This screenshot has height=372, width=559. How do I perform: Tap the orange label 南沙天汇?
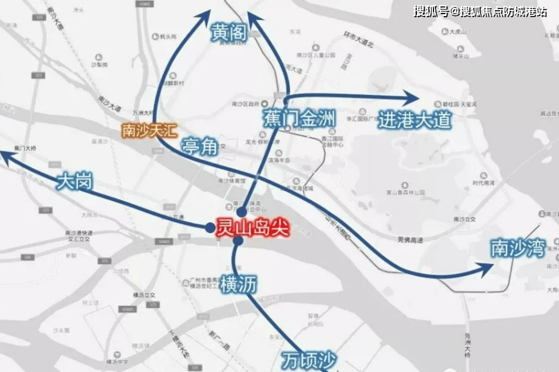[148, 131]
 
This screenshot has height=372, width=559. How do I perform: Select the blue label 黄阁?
[229, 32]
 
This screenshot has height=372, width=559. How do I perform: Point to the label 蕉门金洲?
[298, 118]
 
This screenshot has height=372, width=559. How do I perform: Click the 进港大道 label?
[414, 120]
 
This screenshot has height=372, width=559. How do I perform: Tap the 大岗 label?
[74, 181]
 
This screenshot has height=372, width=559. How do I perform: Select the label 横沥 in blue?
[238, 284]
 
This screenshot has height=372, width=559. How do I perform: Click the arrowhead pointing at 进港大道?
[412, 97]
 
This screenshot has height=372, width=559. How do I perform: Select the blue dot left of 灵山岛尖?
[209, 227]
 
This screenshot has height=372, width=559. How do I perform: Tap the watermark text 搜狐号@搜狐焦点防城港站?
[480, 11]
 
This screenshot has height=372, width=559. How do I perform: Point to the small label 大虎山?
[460, 31]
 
